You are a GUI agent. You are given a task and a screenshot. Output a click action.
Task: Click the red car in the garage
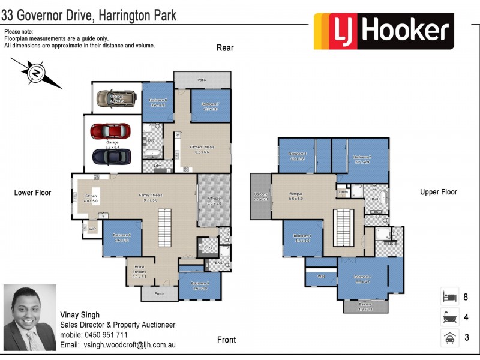109,131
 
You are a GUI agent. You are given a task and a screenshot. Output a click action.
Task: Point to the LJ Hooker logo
383,31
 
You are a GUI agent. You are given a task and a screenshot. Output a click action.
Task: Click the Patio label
202,79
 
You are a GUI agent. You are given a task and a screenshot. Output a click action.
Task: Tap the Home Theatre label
139,272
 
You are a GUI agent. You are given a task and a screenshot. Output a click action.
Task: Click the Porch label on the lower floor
160,294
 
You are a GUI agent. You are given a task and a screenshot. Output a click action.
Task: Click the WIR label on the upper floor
321,277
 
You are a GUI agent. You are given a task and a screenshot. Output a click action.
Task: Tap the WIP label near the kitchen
92,229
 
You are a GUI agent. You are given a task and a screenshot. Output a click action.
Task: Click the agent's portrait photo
29,317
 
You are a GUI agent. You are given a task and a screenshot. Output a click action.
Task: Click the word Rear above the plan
225,48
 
